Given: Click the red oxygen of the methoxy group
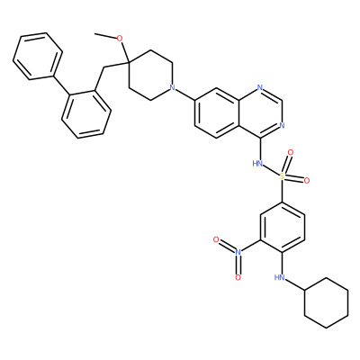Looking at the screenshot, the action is tap(120, 39).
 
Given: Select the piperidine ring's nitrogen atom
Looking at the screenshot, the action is tap(172, 87).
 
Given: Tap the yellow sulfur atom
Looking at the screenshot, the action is tap(282, 176).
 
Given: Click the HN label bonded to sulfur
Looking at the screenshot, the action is tap(257, 164).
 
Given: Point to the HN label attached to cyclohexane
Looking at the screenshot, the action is tap(279, 278).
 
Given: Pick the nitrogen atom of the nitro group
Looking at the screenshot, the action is tap(238, 252).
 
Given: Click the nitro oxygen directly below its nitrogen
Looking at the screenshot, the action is tap(238, 278).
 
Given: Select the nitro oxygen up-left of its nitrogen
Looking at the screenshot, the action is tap(216, 239).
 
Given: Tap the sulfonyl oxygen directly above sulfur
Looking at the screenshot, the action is tap(290, 152).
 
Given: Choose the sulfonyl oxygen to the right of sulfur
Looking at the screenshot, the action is tap(307, 180).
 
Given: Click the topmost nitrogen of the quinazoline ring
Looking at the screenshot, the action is tap(260, 87).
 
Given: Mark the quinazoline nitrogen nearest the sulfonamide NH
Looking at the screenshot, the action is tap(282, 125).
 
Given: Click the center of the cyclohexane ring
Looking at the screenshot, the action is tap(327, 303).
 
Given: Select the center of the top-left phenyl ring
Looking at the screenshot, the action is tap(38, 56).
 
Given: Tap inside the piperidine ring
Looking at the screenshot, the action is tap(150, 75).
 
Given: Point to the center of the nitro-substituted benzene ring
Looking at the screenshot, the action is tap(282, 227).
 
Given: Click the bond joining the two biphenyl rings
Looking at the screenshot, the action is tap(62, 85).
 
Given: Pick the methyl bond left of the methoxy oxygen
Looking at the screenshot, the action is tap(105, 36).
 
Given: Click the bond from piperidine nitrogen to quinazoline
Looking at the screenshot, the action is tap(185, 94).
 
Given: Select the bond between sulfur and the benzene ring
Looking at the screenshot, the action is tap(282, 191).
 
